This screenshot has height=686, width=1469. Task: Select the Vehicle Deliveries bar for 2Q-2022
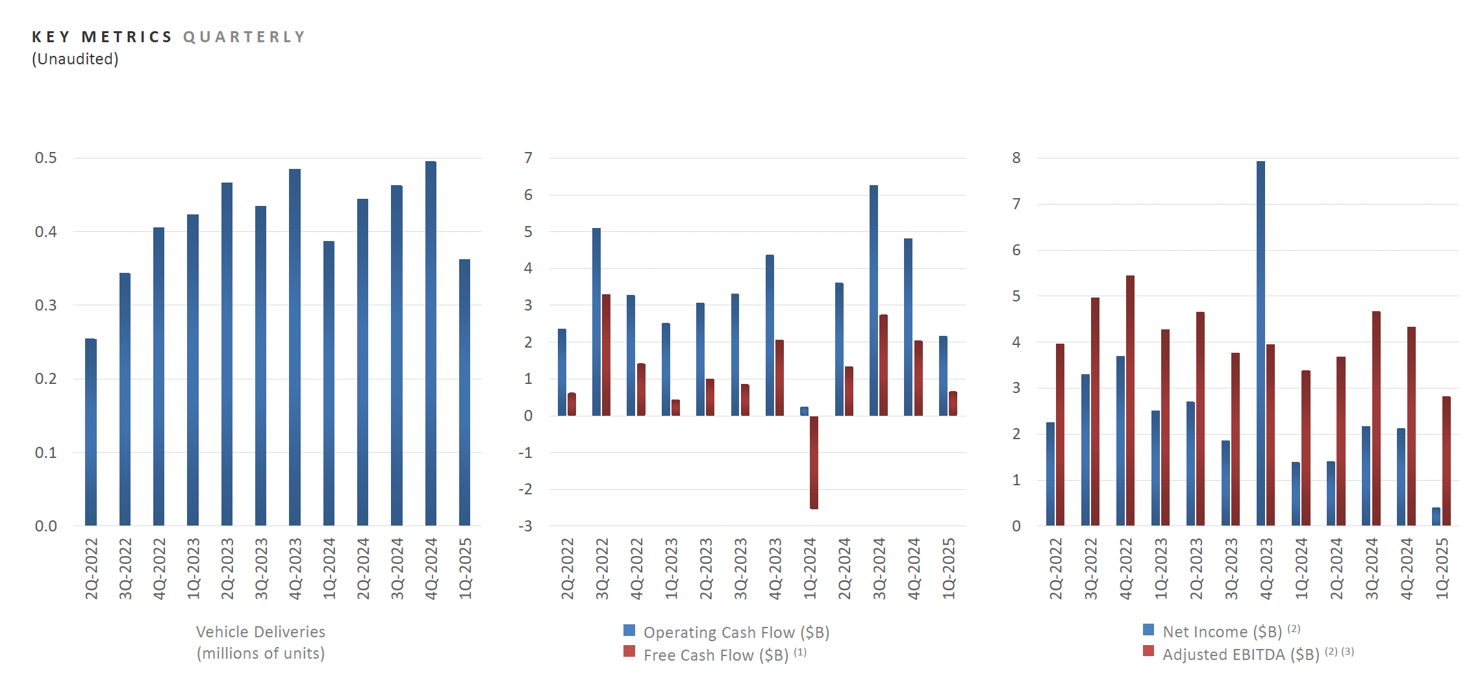91,432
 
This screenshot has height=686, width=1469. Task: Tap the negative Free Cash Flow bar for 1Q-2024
814,462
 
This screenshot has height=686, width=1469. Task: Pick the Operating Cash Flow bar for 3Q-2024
873,300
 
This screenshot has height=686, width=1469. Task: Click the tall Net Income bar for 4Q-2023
1261,343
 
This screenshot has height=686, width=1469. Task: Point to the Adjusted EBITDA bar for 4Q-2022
1130,400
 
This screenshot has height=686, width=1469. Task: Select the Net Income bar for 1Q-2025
1436,516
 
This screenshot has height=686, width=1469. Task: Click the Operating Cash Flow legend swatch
629,630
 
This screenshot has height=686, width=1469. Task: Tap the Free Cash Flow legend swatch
629,652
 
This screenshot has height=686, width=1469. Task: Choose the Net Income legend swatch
1148,629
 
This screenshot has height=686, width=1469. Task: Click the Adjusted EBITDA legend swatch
1148,651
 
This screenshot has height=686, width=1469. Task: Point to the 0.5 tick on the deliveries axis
46,158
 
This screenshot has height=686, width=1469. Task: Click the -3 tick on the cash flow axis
525,526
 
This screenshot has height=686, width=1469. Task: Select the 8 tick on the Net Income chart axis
1016,158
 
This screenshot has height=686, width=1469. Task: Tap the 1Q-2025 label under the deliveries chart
465,568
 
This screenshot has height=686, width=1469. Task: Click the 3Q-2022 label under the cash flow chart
602,568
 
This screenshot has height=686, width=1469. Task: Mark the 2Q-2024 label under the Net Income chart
1336,568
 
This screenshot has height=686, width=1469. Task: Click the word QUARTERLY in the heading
244,37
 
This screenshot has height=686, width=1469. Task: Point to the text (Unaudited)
75,59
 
